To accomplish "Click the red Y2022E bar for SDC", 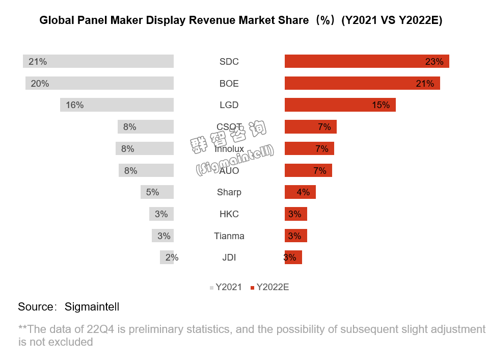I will [x=367, y=61].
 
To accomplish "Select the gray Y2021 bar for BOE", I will [x=100, y=83].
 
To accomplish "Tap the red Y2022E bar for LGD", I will [x=340, y=105].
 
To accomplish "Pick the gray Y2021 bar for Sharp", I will [x=157, y=192].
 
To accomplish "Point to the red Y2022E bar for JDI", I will [x=294, y=258].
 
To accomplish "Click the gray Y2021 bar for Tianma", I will [x=163, y=236].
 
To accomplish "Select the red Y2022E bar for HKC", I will [x=296, y=214].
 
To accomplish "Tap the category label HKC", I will [x=229, y=214].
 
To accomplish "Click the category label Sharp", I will [x=229, y=192].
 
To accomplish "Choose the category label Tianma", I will [x=229, y=236].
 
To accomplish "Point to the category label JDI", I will [x=229, y=258].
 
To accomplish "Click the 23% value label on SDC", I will [x=434, y=62].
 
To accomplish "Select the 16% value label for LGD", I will [x=74, y=105].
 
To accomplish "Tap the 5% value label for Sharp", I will [x=152, y=192].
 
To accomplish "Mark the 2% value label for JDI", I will [x=172, y=258].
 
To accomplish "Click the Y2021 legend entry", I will [x=226, y=287].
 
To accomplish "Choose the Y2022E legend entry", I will [x=269, y=287].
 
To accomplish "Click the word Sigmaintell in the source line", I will [x=92, y=307].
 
